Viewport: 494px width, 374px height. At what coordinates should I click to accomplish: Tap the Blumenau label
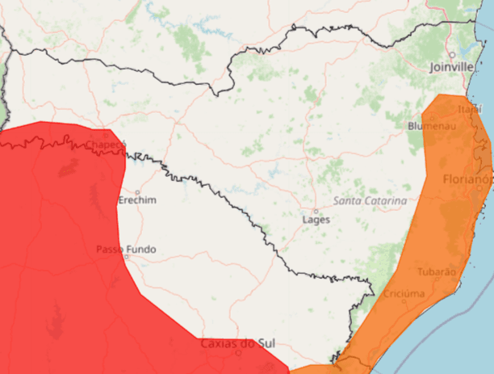point(432,126)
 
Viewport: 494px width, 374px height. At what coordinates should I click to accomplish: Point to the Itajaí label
point(469,108)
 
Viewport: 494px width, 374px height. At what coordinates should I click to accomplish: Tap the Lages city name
point(316,220)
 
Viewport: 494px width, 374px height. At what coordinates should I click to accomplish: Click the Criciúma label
point(404,293)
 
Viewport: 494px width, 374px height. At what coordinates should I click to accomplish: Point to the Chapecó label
point(107,145)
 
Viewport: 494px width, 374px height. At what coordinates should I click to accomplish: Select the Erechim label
point(137,200)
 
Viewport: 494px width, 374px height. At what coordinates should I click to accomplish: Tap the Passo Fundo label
point(126,249)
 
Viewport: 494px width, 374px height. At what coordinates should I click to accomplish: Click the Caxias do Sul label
point(238,343)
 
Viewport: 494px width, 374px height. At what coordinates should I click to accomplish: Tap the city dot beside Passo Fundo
point(126,258)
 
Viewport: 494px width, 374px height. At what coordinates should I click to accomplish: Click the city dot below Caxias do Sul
point(238,352)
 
